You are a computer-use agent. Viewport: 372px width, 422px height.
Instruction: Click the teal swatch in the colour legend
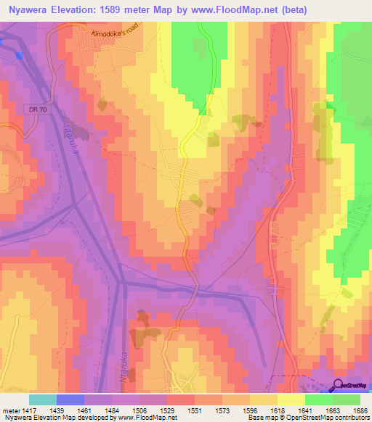[43, 400]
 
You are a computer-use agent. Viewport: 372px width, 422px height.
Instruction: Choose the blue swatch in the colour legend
[70, 400]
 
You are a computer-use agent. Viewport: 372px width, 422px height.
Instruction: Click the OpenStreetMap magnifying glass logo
[338, 384]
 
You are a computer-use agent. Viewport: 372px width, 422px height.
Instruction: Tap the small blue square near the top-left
[18, 56]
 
